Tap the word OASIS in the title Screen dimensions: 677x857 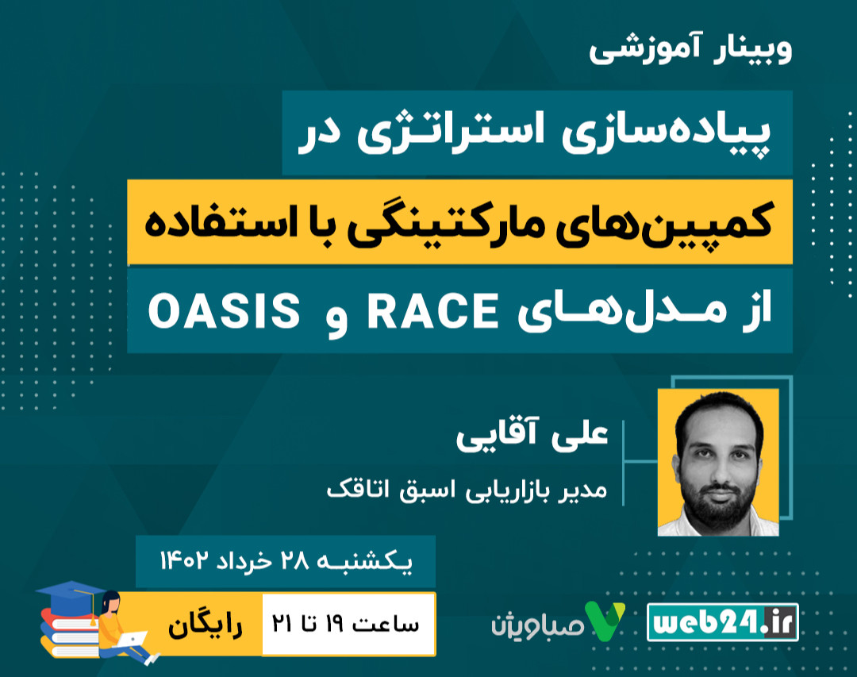[x=223, y=311]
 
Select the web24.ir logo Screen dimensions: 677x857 [x=723, y=621]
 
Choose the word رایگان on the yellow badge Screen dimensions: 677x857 [x=205, y=623]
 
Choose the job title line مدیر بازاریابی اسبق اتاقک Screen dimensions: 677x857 [x=467, y=487]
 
